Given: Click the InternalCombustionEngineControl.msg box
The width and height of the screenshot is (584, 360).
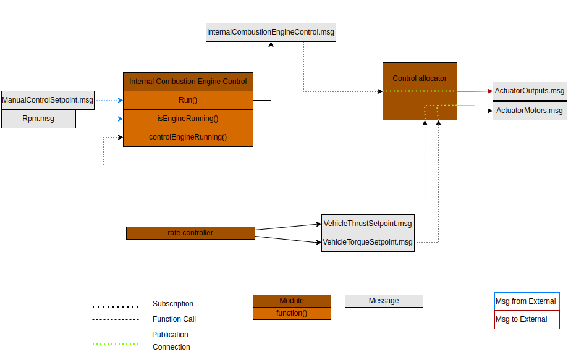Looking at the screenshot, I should (x=271, y=33).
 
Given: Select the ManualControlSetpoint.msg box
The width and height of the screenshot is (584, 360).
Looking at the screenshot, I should (x=48, y=99).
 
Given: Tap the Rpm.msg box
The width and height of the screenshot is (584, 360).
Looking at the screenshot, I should (x=38, y=119).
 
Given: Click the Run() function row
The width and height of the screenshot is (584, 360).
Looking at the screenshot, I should (x=188, y=100).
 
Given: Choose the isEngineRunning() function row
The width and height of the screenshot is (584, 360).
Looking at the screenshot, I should (x=188, y=119).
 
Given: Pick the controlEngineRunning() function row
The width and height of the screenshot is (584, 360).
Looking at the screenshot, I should (x=188, y=137).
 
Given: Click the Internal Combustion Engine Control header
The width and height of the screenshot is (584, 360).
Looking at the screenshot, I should (x=188, y=82).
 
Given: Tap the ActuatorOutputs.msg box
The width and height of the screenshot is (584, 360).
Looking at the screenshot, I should (x=530, y=91).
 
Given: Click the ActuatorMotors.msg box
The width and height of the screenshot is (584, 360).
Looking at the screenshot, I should (x=530, y=111).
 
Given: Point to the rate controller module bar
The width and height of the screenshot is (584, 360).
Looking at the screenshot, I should (x=190, y=233).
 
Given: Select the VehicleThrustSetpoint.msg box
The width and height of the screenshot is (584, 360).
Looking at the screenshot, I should (x=367, y=223).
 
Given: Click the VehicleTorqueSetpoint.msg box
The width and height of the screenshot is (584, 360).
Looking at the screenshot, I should (x=367, y=242).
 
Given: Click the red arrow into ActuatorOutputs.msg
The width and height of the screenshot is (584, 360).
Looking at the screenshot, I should (x=475, y=91).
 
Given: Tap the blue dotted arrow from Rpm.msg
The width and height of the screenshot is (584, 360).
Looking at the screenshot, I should (x=99, y=119).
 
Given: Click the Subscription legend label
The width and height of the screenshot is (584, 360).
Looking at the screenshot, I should (x=173, y=304).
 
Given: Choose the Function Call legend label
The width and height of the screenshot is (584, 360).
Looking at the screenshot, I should (x=174, y=319).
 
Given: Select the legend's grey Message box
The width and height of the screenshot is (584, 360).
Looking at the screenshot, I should (x=384, y=301).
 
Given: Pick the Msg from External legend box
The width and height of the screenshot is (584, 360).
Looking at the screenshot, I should (x=527, y=301).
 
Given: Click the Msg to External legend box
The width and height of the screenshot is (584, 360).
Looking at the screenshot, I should (x=527, y=319).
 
